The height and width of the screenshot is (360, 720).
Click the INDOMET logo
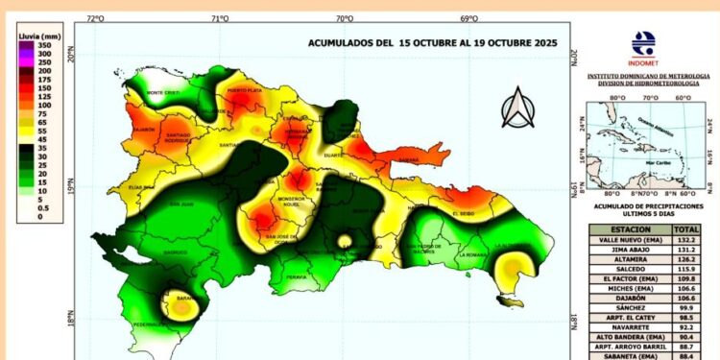[643, 45]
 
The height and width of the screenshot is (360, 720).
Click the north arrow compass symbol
[518, 108]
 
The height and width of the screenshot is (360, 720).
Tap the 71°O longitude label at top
[219, 18]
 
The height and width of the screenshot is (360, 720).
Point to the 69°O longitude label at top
[468, 18]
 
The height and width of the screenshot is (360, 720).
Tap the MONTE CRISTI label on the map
[164, 92]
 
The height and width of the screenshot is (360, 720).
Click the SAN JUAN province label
[181, 204]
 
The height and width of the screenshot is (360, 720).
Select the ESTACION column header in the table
[628, 230]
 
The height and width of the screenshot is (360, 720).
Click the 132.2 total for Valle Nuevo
[686, 241]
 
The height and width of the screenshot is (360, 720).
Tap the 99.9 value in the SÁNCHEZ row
[686, 308]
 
